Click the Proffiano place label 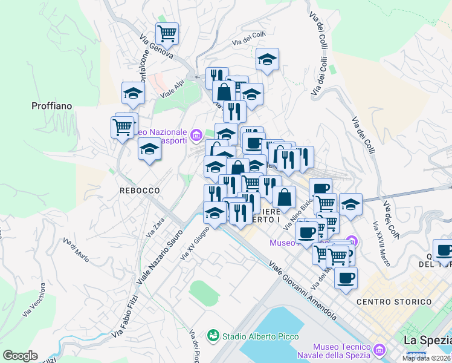click(x=51, y=106)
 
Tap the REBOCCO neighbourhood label click(x=140, y=191)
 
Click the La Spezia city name click(x=427, y=340)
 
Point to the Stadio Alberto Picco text click(x=253, y=336)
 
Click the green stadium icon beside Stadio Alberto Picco click(x=212, y=335)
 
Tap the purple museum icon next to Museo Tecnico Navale click(x=380, y=350)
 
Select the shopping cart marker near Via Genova click(x=167, y=33)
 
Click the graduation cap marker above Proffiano click(x=133, y=93)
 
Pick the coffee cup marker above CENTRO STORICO click(x=346, y=278)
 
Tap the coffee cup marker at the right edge click(x=444, y=250)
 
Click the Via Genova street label click(x=157, y=46)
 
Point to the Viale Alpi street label click(x=172, y=90)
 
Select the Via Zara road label click(x=155, y=227)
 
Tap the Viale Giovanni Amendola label click(x=302, y=291)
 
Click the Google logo click(x=20, y=356)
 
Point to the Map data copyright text click(x=426, y=358)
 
